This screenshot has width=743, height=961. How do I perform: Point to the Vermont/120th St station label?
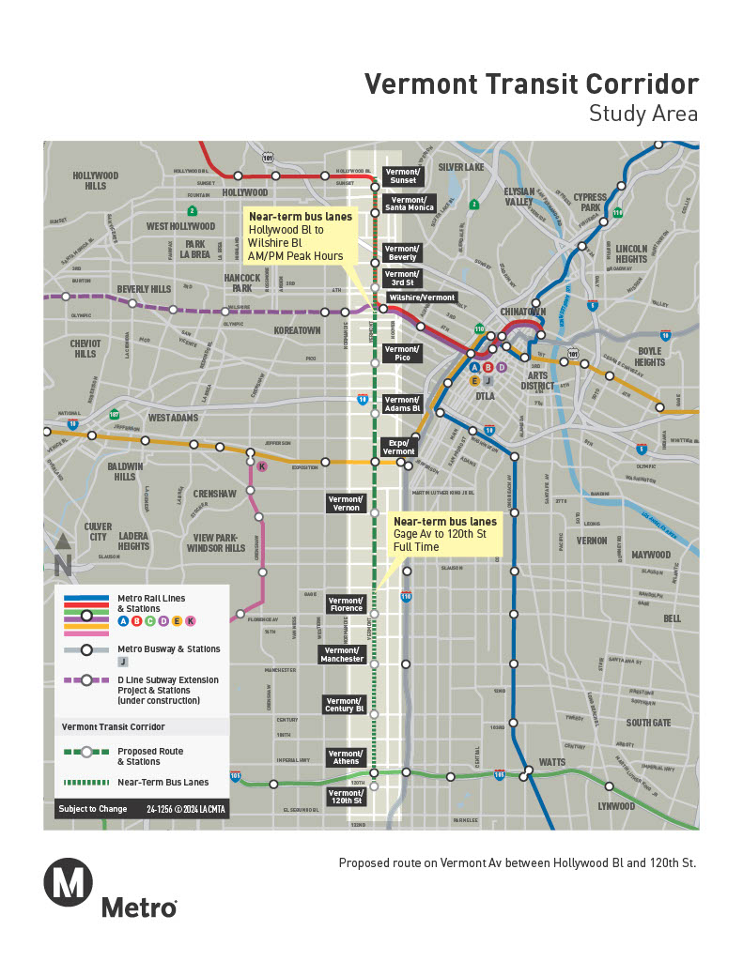tap(346, 797)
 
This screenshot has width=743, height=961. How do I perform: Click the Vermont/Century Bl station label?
tap(345, 705)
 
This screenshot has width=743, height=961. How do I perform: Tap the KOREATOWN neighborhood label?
tap(297, 331)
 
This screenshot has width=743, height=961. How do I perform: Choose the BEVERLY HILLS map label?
tap(144, 289)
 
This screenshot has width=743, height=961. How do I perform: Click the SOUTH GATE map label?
tap(648, 723)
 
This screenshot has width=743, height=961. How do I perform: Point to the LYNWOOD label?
tap(616, 806)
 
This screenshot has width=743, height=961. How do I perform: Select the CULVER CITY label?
tap(98, 532)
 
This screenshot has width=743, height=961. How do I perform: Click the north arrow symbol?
tap(63, 556)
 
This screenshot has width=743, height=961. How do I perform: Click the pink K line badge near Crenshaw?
tap(262, 466)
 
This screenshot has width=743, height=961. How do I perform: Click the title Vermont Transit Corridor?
tap(532, 84)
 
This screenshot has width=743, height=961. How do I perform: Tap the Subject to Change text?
tap(91, 809)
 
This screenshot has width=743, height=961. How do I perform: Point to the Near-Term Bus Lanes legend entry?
tap(163, 782)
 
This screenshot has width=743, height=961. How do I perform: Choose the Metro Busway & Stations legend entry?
tap(169, 649)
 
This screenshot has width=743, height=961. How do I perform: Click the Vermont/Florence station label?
tap(346, 604)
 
